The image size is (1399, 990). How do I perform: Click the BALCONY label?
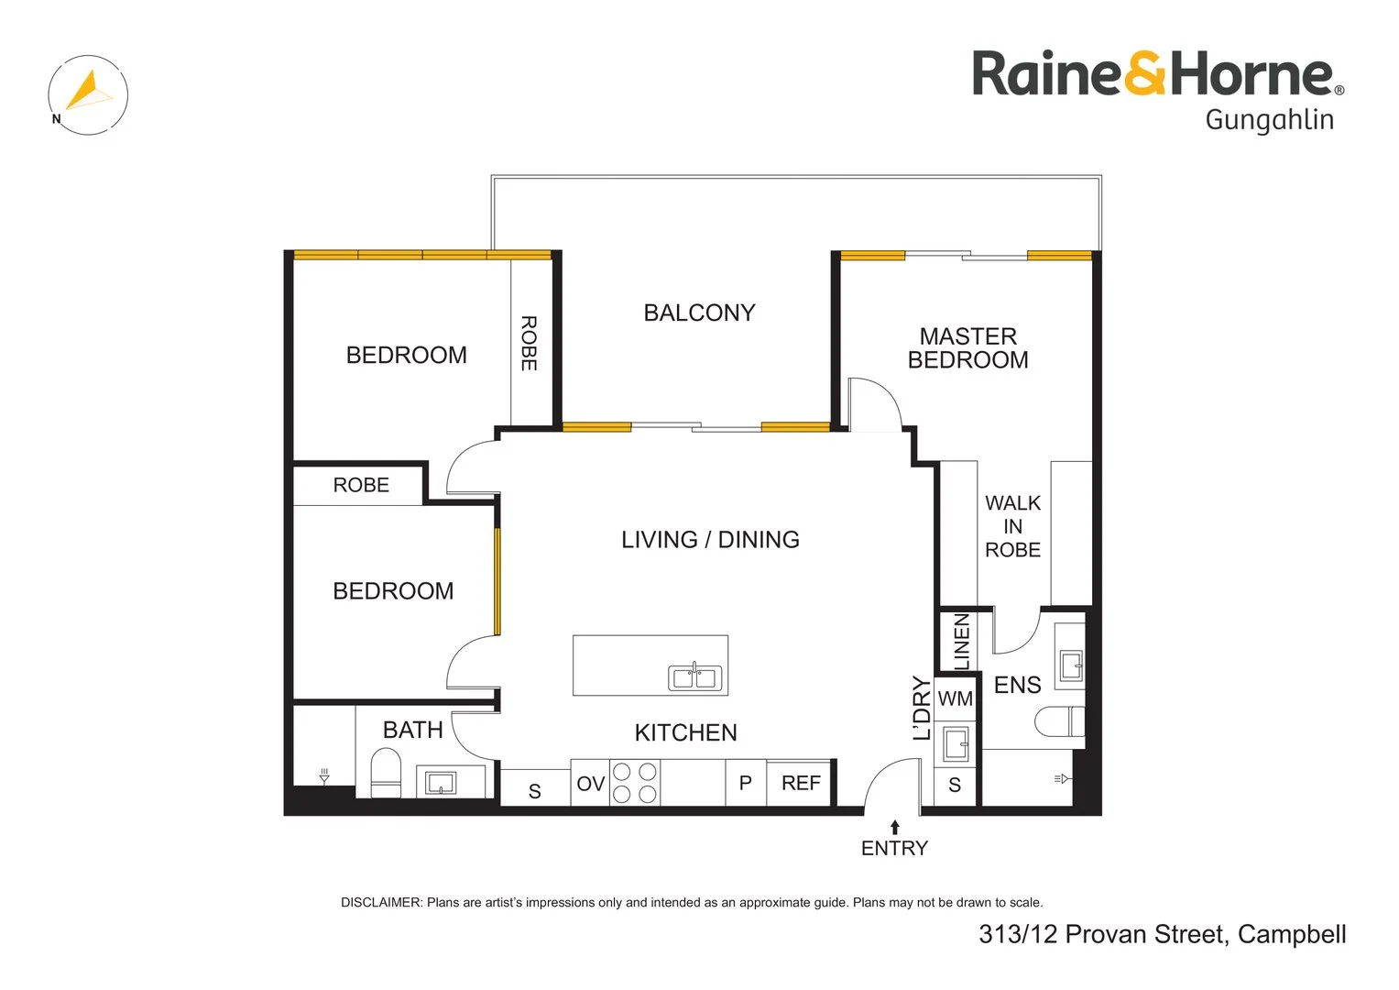(x=699, y=313)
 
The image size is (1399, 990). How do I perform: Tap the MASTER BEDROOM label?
(x=967, y=348)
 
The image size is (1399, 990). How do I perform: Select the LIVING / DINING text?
(x=710, y=540)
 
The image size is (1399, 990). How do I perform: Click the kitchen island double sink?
(x=694, y=677)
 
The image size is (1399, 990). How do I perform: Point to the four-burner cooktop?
(x=634, y=783)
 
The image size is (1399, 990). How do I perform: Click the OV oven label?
(x=590, y=784)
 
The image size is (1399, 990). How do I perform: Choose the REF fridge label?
(x=801, y=783)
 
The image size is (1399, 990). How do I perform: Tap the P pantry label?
(x=745, y=783)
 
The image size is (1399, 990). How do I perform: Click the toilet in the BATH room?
(x=386, y=773)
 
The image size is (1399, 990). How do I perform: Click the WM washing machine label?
(x=955, y=698)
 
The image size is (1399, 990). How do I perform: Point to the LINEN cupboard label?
(x=961, y=642)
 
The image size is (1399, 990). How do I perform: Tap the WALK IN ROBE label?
(x=1012, y=527)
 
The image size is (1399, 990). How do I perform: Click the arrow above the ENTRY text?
(x=895, y=828)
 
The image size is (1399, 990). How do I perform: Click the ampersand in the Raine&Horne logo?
(x=1143, y=74)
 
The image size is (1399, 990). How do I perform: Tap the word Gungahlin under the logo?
(x=1269, y=120)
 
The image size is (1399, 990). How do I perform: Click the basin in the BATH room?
(x=441, y=783)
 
